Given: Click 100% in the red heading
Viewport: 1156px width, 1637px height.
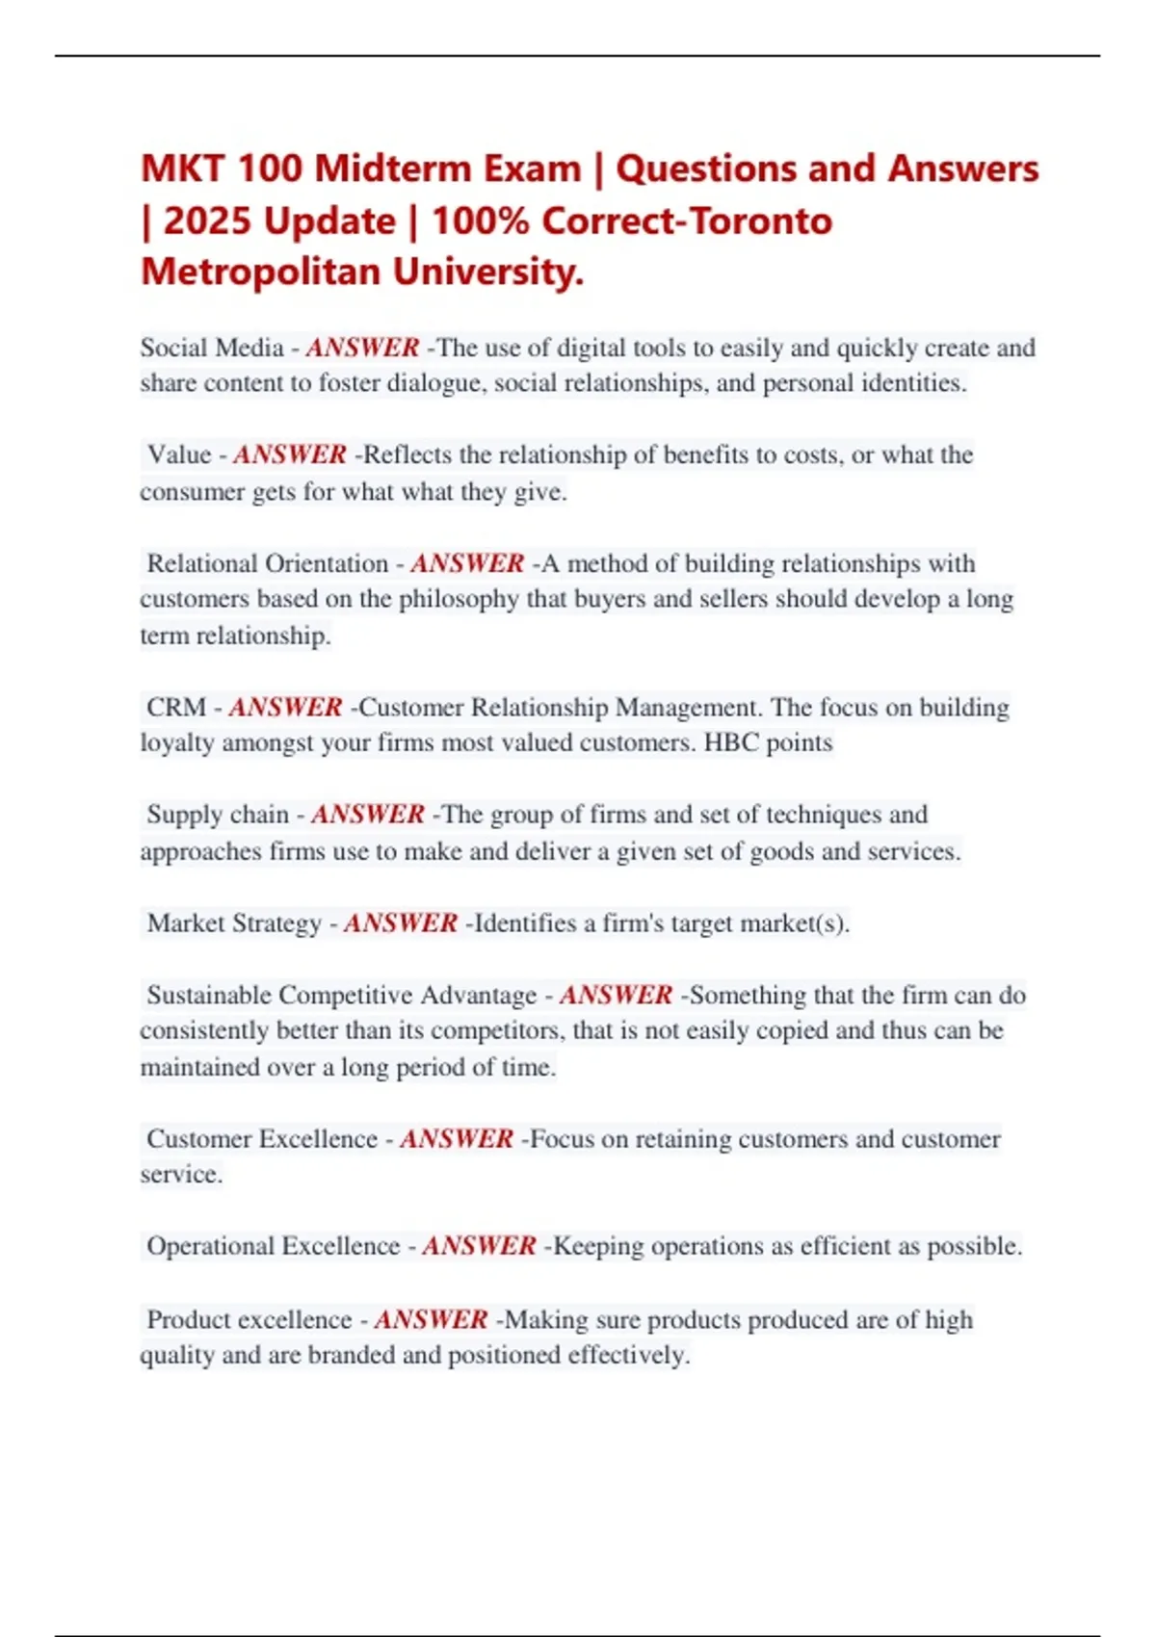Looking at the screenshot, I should (x=481, y=221).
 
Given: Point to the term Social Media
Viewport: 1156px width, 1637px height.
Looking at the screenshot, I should (x=212, y=348).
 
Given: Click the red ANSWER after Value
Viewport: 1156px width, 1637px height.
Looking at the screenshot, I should (x=290, y=455).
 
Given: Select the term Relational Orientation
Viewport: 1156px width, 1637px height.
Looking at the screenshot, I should (x=267, y=563).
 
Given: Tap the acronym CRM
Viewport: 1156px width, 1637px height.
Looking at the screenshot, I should (x=176, y=708).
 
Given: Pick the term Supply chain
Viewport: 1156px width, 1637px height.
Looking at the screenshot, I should (x=218, y=815).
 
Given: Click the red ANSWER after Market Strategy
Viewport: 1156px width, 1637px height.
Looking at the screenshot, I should (x=401, y=923).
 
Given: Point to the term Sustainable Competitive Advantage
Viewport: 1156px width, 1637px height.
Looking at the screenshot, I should (x=342, y=995).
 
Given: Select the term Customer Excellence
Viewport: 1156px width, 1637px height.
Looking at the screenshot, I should (x=262, y=1139).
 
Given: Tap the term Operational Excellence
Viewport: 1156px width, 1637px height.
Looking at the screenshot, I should (x=273, y=1246).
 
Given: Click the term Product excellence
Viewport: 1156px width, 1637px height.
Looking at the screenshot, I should (x=250, y=1320).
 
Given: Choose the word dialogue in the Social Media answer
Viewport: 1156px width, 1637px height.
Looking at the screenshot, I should (x=436, y=383).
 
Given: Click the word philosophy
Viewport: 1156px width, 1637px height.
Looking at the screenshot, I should (x=459, y=599).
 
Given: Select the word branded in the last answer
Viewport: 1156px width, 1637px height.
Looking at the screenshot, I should (x=351, y=1356).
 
